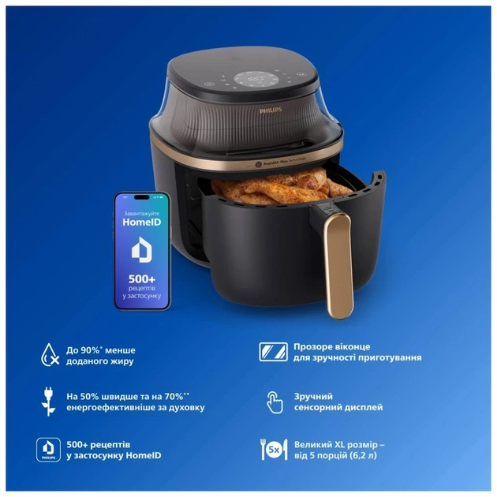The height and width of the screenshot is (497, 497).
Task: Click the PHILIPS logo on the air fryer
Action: coord(272,113)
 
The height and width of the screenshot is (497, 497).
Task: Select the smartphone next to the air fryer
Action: coord(142,250)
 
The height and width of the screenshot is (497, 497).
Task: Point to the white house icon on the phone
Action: coord(142,252)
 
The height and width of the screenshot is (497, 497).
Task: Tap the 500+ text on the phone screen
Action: coord(142,281)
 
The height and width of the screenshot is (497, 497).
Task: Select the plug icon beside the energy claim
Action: coord(49,401)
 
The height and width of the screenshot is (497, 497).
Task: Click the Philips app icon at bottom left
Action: coord(49,449)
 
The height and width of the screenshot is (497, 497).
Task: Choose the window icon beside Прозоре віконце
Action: coord(273,352)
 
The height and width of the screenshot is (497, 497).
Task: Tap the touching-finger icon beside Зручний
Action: coord(273,401)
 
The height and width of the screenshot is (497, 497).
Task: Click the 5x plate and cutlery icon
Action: coord(273,449)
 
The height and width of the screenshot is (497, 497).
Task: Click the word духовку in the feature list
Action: coord(183,407)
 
